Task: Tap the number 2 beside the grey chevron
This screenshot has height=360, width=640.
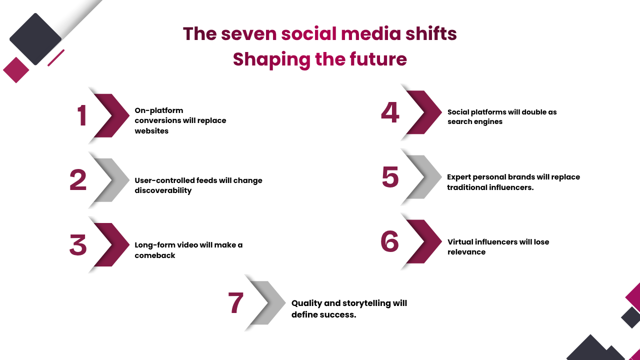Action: point(78,180)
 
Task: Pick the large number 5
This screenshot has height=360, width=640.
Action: point(390,177)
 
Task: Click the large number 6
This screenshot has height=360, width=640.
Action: point(390,241)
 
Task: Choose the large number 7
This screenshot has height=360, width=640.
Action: point(235,302)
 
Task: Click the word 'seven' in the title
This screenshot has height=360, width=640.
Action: point(249,34)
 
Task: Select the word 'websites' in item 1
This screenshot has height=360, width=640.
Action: point(151,131)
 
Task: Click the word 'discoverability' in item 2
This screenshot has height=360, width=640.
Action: point(163,190)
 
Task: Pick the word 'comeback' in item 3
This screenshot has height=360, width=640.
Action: point(155,255)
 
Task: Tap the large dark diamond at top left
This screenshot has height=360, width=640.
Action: point(35,39)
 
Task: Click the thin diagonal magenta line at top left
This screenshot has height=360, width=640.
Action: point(56,57)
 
